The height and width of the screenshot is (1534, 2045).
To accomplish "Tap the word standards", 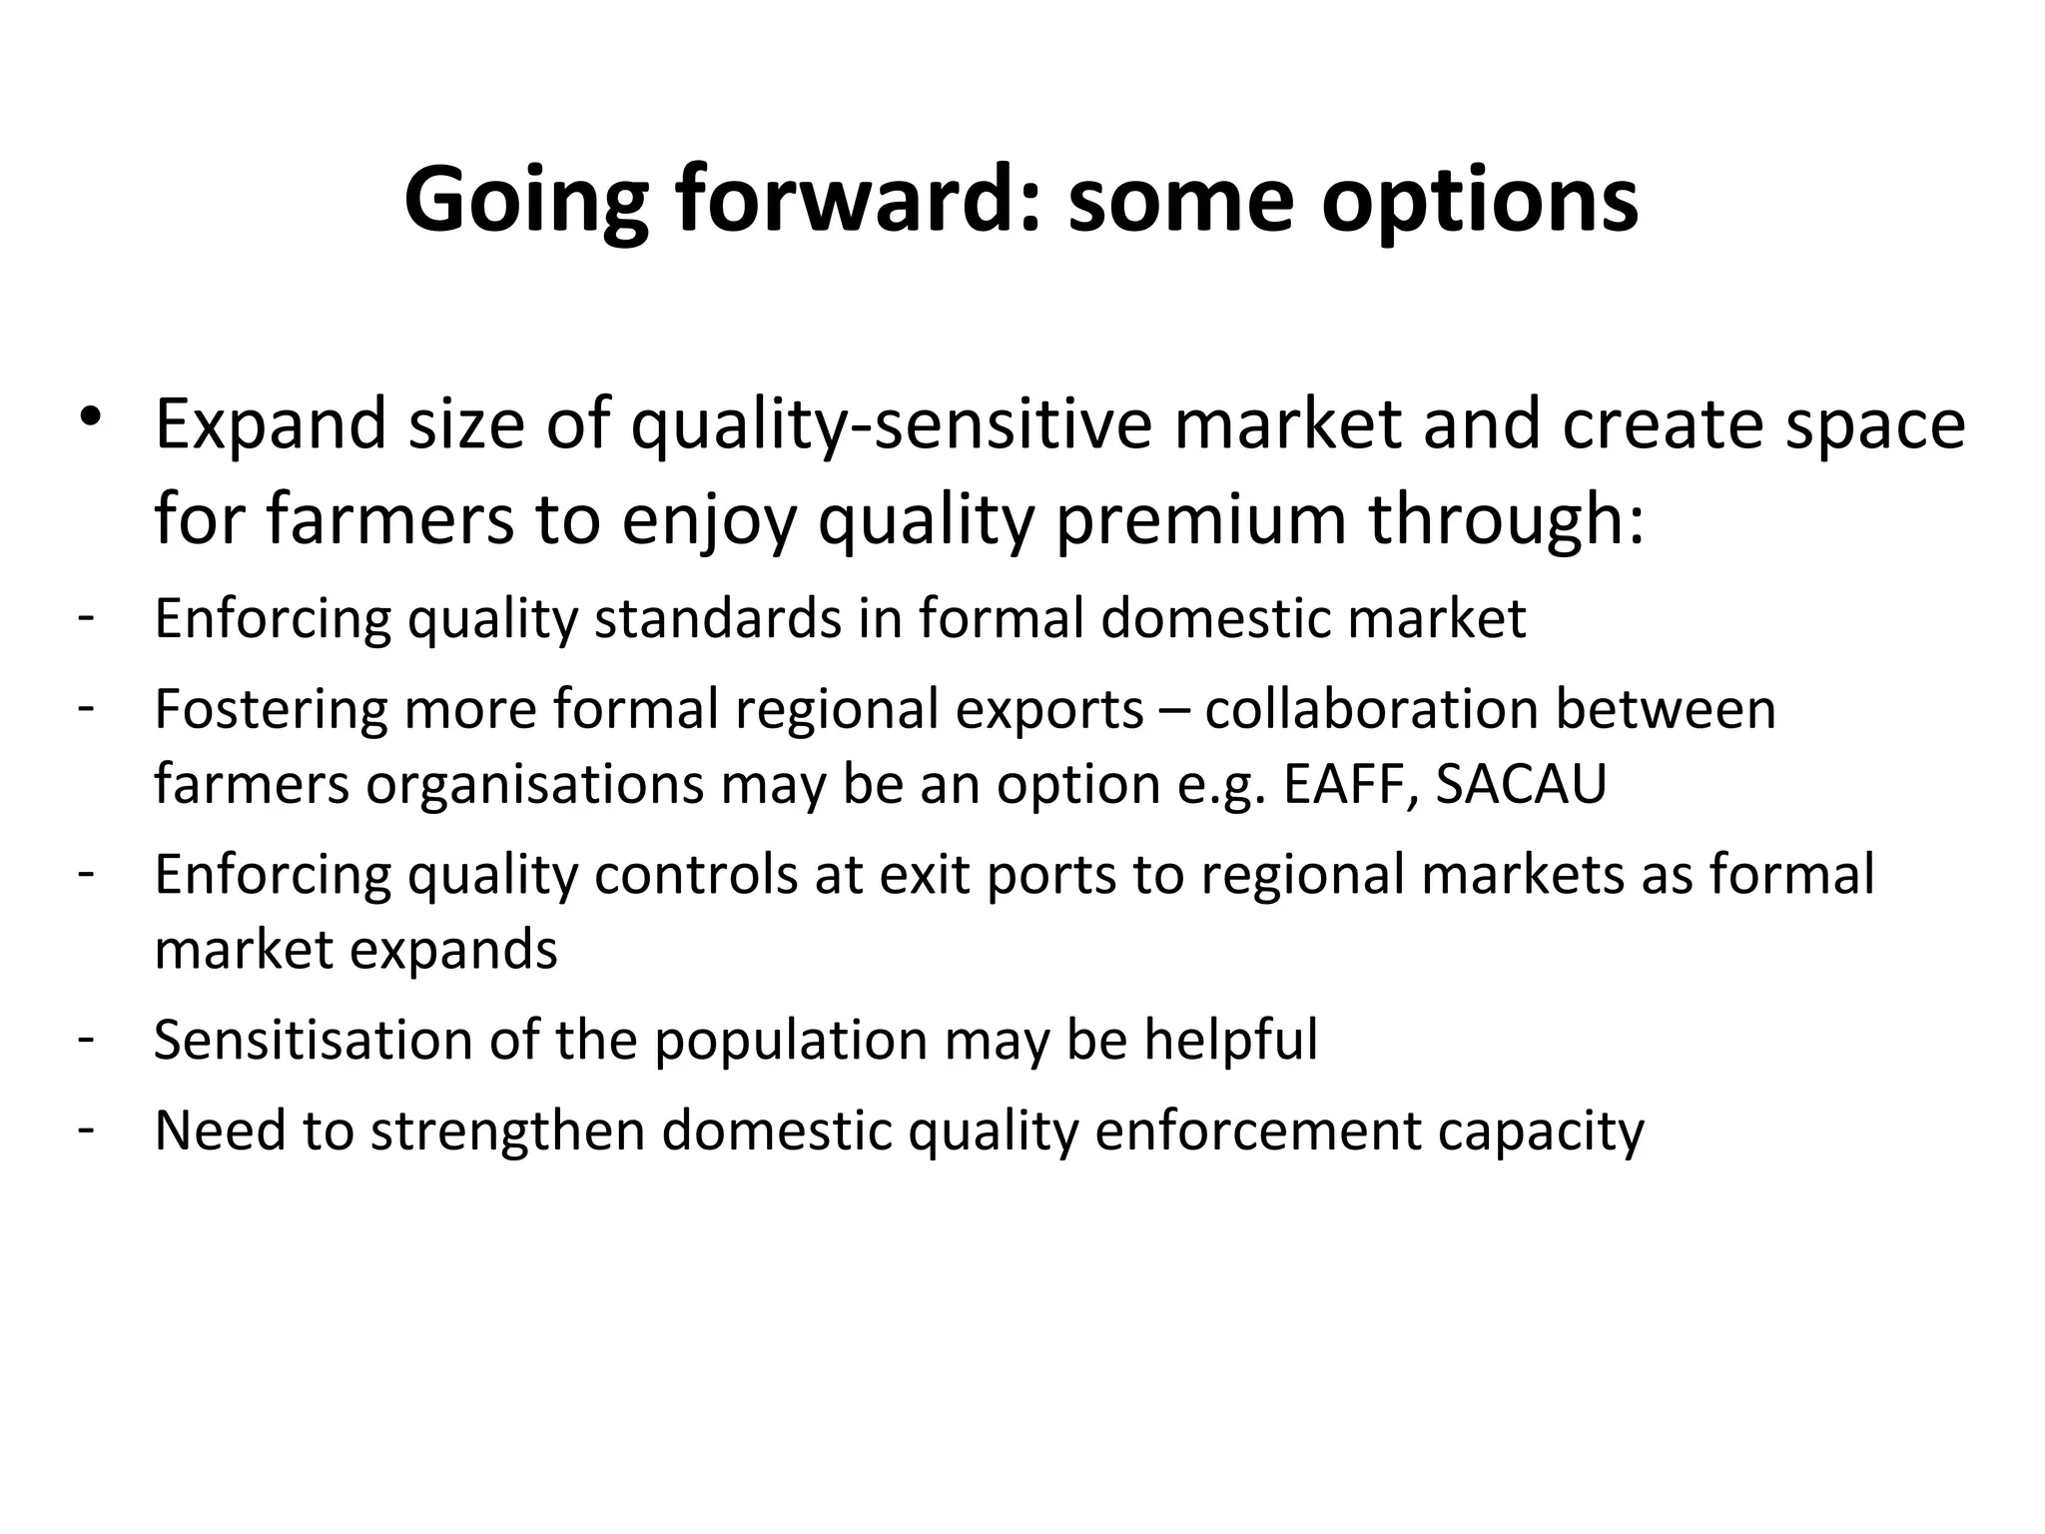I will coord(718,618).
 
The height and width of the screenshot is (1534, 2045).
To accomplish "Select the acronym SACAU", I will coord(1521,784).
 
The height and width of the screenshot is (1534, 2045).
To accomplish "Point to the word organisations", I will coord(535,784).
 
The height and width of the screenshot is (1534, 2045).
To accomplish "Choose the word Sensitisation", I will coord(313,1040).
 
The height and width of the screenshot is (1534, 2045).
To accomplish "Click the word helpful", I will coord(1230,1040).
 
